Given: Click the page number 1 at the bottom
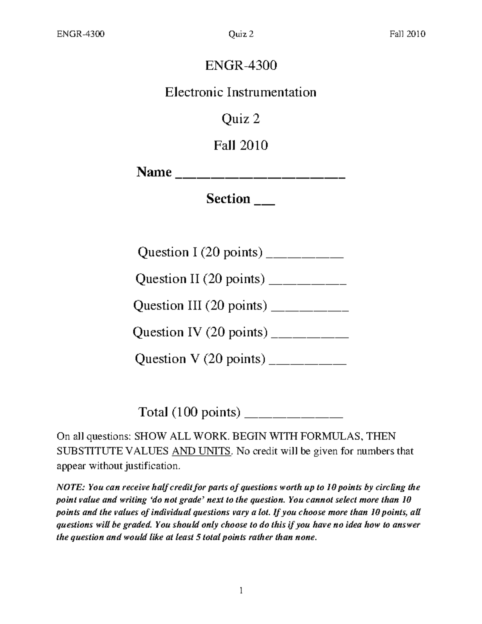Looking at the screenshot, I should tap(241, 590).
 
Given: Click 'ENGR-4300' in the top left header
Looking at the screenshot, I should tap(81, 34).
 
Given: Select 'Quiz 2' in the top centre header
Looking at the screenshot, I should tap(241, 34).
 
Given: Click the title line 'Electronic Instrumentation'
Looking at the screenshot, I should tap(241, 92).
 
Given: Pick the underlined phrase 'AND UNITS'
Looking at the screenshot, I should tap(201, 451).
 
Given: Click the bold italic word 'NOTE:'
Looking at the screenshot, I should tap(70, 487).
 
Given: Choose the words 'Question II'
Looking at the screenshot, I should tap(167, 279).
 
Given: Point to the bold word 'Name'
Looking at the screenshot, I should tap(154, 172).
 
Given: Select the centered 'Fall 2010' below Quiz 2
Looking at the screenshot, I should tap(241, 145).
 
